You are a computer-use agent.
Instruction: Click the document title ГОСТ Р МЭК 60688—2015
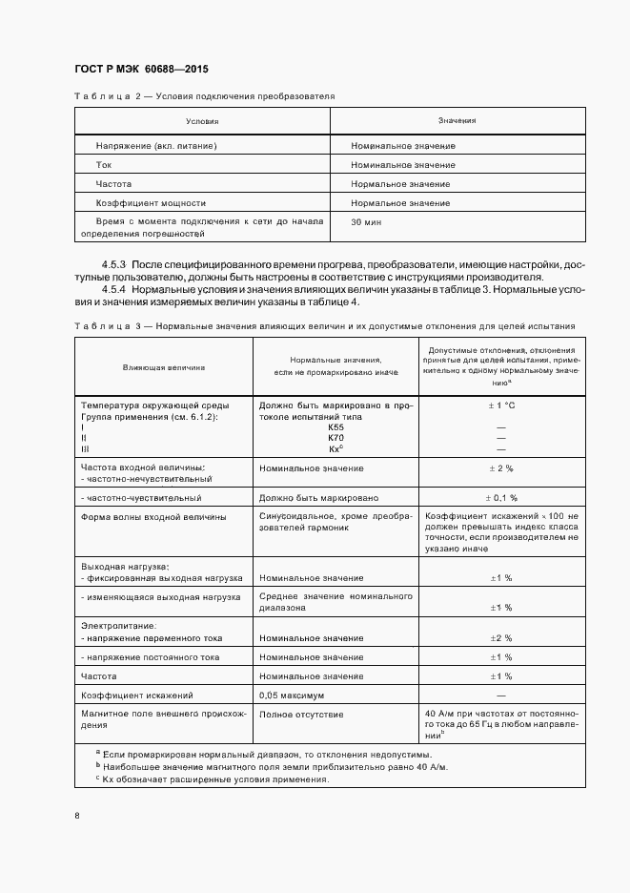[141, 70]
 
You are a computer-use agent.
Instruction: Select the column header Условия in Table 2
[202, 121]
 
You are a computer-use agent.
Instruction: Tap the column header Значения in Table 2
[457, 121]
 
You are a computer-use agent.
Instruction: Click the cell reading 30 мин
[365, 221]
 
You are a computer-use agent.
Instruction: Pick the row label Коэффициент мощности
[151, 203]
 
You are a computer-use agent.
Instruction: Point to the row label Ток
[104, 165]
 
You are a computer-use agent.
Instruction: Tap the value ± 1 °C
[500, 405]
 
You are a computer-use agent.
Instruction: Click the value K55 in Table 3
[335, 427]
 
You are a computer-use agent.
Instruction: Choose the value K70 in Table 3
[335, 438]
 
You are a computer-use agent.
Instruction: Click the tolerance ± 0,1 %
[500, 497]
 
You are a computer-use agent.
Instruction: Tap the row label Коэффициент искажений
[137, 695]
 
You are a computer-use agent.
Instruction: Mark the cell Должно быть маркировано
[318, 497]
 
